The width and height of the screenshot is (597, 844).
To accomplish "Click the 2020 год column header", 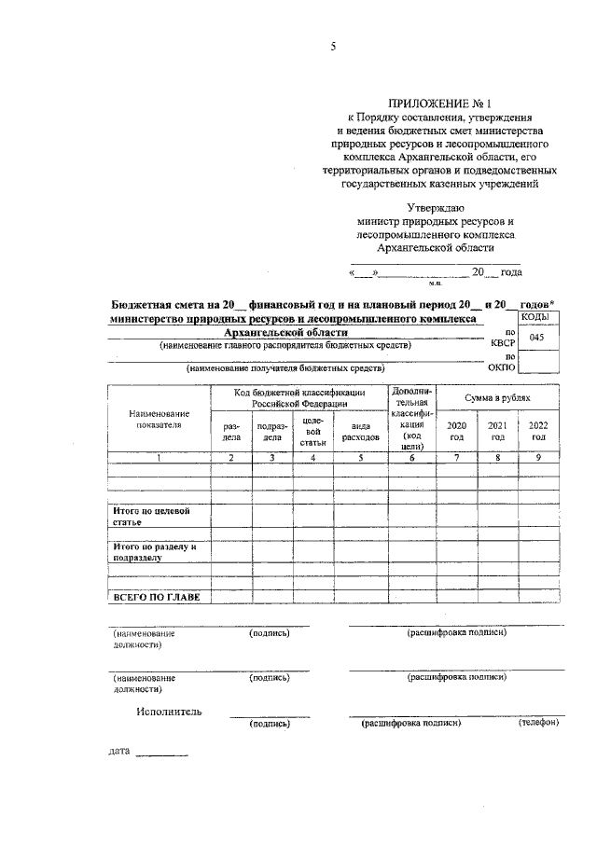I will coord(457,430).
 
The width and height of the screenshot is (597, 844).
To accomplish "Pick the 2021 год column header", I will coord(498,430).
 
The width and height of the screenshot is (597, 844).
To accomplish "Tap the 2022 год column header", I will coord(539,430).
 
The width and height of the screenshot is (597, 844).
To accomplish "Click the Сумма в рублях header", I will coord(498,398).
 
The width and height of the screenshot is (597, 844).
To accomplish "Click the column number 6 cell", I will coord(412,458).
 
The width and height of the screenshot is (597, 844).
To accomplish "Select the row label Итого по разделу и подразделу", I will coord(155,552).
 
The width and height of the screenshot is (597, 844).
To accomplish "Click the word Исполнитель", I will coord(168,712).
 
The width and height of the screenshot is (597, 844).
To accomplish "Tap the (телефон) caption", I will coord(538,723).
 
